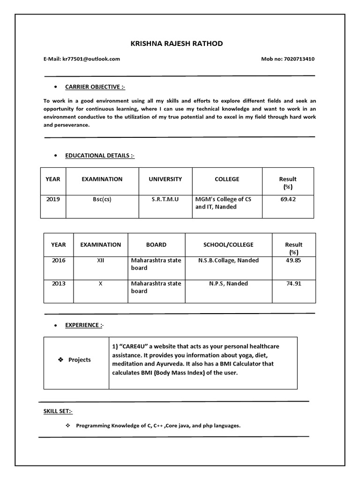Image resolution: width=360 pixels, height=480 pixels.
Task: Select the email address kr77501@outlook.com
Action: [x=91, y=59]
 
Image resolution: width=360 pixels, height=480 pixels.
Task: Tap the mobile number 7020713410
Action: [x=299, y=59]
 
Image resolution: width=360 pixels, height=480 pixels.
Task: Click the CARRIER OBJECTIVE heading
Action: [x=95, y=87]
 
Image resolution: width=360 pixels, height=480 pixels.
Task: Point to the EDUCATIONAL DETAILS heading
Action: [x=100, y=156]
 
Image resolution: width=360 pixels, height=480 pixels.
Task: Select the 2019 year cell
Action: [x=53, y=199]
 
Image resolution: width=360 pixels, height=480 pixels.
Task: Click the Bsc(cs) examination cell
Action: [x=102, y=199]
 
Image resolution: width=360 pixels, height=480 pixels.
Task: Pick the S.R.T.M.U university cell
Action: [x=165, y=199]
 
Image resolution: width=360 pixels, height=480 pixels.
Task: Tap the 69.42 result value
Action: [x=288, y=199]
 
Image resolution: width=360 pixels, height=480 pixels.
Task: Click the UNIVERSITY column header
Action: [x=165, y=179]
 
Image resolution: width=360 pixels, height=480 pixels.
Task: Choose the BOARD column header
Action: [x=156, y=245]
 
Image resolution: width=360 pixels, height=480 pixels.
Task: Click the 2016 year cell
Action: [x=59, y=260]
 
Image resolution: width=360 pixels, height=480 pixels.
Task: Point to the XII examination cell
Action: [x=100, y=260]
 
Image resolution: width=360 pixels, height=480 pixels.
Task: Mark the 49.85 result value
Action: [x=293, y=260]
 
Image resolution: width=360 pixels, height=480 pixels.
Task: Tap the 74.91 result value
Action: [x=293, y=284]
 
